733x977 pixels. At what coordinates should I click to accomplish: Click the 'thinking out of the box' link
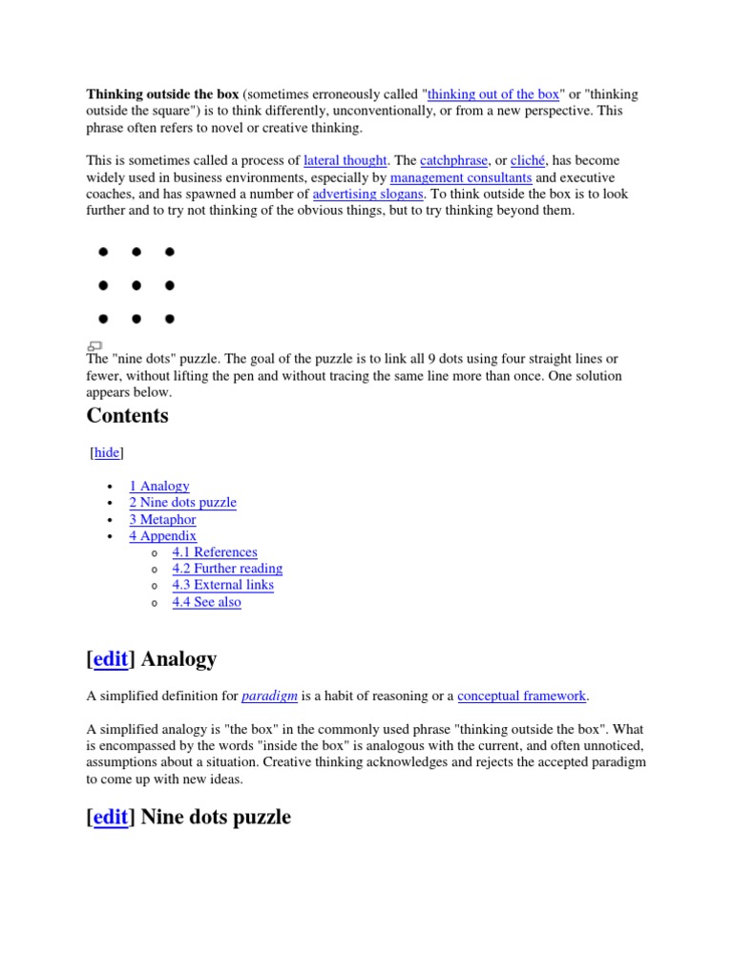[x=493, y=94]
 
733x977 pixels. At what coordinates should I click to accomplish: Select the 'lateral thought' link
[x=345, y=160]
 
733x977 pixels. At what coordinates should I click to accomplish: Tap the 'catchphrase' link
[x=453, y=160]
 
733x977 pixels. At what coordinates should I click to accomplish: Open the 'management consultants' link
[x=461, y=177]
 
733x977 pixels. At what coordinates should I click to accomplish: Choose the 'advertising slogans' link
[x=367, y=194]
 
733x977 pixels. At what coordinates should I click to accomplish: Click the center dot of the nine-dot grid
[x=136, y=285]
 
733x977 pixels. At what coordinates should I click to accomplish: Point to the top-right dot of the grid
[x=170, y=252]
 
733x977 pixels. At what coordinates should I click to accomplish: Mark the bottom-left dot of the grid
[x=103, y=319]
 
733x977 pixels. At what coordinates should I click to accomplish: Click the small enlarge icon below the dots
[x=94, y=345]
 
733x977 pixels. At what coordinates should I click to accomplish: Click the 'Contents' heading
[x=127, y=416]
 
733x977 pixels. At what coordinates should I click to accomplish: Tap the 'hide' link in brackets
[x=107, y=453]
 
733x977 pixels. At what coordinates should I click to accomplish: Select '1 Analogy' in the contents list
[x=159, y=486]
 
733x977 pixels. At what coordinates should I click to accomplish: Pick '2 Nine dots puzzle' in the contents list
[x=182, y=503]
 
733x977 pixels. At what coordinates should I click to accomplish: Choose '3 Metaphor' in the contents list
[x=162, y=520]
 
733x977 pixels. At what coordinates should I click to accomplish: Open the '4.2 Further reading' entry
[x=227, y=569]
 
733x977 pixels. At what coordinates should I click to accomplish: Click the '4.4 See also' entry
[x=206, y=603]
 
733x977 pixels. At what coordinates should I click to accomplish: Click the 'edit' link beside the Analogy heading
[x=111, y=658]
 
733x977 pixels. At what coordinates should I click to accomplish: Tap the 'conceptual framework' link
[x=522, y=696]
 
